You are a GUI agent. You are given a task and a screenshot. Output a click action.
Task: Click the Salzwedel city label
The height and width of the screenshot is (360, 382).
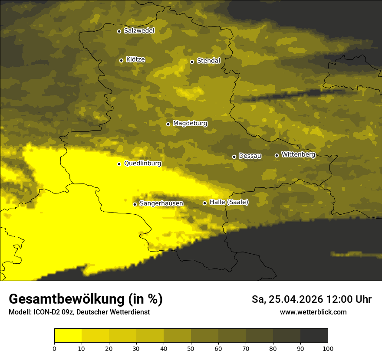pyautogui.click(x=139, y=31)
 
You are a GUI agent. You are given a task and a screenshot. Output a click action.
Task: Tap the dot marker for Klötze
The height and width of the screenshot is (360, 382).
pyautogui.click(x=121, y=60)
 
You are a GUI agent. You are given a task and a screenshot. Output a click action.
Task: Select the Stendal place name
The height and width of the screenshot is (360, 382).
pyautogui.click(x=208, y=61)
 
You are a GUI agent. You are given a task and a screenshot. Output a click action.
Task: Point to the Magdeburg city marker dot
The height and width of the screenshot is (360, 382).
pyautogui.click(x=168, y=124)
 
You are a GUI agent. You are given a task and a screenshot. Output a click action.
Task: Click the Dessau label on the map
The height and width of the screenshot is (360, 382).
pyautogui.click(x=250, y=156)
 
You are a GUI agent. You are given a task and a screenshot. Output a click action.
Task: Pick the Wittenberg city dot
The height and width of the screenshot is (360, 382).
pyautogui.click(x=277, y=155)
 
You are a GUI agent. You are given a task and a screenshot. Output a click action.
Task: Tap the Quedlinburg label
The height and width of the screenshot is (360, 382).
pyautogui.click(x=142, y=164)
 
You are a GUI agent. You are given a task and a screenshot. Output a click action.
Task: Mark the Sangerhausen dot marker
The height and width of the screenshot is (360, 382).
pyautogui.click(x=135, y=204)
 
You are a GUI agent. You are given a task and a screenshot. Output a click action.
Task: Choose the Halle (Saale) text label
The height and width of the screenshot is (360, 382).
pyautogui.click(x=229, y=202)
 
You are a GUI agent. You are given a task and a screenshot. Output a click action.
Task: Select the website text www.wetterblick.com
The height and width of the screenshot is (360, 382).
pyautogui.click(x=313, y=312)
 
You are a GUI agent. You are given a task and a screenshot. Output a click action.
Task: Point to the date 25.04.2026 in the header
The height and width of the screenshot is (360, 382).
pyautogui.click(x=296, y=299)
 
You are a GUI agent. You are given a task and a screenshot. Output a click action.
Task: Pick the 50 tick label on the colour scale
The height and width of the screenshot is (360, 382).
pyautogui.click(x=191, y=348)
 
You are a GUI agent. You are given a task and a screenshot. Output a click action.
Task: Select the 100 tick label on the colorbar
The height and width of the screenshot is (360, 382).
pyautogui.click(x=328, y=348)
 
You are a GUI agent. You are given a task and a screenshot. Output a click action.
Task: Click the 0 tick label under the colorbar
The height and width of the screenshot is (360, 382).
pyautogui.click(x=54, y=348)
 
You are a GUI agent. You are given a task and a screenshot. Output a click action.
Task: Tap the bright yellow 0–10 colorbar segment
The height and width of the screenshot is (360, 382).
pyautogui.click(x=68, y=336)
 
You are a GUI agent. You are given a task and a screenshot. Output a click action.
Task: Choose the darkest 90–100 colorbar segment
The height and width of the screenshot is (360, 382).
pyautogui.click(x=314, y=336)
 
